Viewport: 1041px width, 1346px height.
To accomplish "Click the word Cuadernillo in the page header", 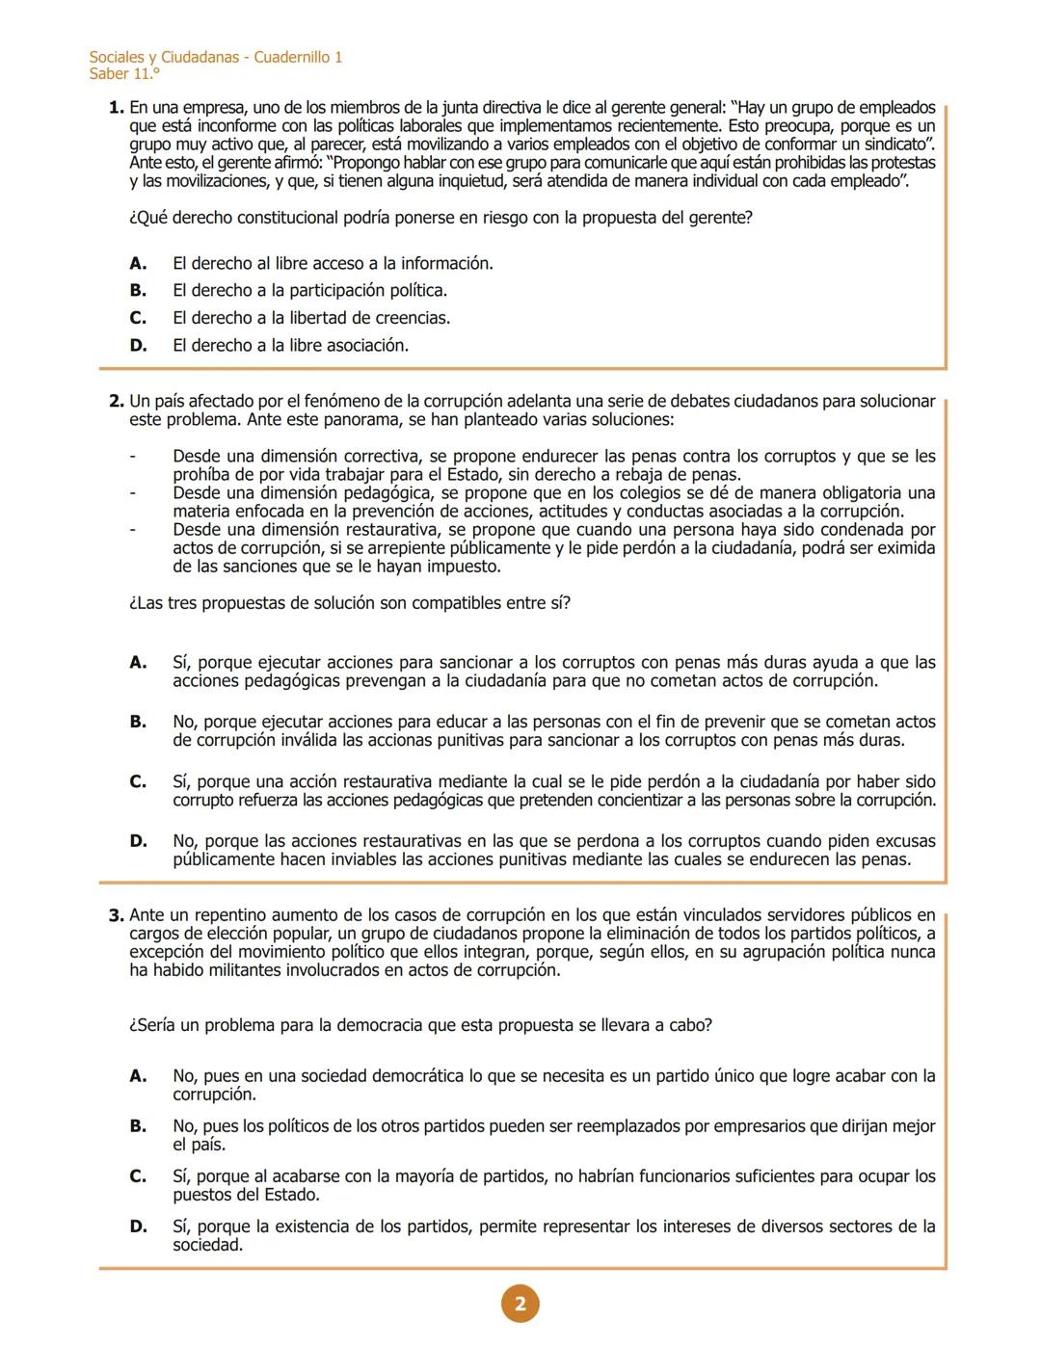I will click(291, 57).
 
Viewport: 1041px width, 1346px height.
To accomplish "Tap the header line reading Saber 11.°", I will click(124, 74).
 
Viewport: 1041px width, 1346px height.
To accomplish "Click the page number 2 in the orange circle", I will click(520, 1305).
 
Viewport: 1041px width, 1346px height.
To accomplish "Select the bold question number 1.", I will click(116, 107).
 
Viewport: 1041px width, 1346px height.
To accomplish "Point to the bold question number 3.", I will click(116, 915).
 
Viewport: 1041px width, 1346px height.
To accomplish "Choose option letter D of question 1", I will click(138, 345).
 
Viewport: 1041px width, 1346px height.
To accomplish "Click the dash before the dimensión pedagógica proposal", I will click(133, 493).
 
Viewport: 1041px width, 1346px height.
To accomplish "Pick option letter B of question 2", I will click(138, 722).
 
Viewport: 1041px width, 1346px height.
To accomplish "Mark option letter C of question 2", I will click(138, 781).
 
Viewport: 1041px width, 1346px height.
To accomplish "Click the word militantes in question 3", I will click(241, 970).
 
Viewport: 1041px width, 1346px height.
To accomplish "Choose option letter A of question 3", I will click(138, 1076).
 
